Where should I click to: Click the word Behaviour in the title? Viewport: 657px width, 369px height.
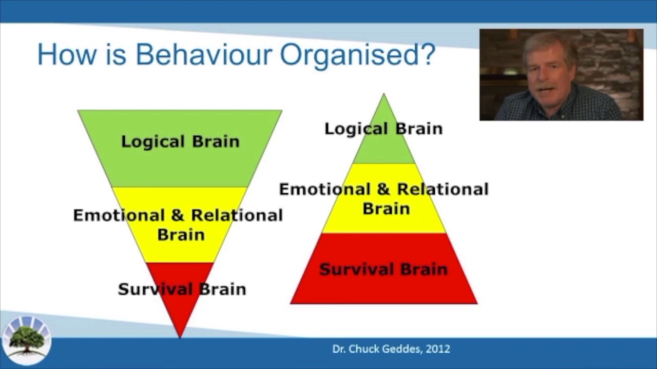coord(203,54)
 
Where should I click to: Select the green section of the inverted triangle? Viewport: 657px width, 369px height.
coord(180,164)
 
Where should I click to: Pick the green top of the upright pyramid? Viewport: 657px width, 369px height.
coord(383,149)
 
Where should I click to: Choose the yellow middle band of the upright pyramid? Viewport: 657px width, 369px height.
coord(383,223)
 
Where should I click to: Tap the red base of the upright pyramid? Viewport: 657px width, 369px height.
coord(383,290)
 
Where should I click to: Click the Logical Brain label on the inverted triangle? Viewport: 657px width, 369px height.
coord(180,141)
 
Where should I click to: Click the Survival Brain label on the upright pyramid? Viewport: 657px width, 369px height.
coord(383,269)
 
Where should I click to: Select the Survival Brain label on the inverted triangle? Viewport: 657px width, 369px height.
coord(182,289)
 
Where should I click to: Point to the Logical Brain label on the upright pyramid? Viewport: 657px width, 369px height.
coord(383,129)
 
